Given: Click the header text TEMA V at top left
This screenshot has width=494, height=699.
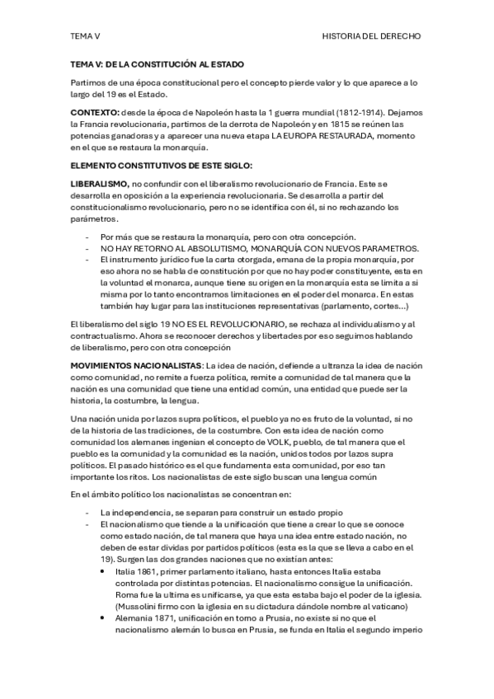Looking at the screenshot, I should point(84,36).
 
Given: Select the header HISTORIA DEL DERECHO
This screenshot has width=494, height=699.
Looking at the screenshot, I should point(371,36).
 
